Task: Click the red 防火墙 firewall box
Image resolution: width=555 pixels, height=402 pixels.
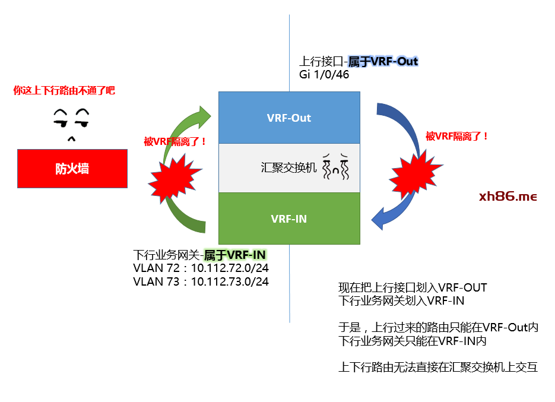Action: click(72, 169)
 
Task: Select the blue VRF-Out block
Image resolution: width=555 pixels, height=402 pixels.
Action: click(289, 118)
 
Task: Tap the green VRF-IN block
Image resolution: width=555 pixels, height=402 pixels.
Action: click(289, 219)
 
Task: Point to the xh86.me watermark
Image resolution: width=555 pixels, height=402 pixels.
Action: click(508, 197)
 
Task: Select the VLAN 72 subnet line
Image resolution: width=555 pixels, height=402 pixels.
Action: click(201, 268)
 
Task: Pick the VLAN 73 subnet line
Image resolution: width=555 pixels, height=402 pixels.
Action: click(201, 281)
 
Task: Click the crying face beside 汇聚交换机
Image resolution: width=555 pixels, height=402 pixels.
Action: click(337, 167)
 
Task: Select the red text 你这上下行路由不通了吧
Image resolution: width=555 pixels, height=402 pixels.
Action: click(64, 91)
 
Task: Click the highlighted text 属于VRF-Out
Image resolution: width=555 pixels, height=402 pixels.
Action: click(383, 62)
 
